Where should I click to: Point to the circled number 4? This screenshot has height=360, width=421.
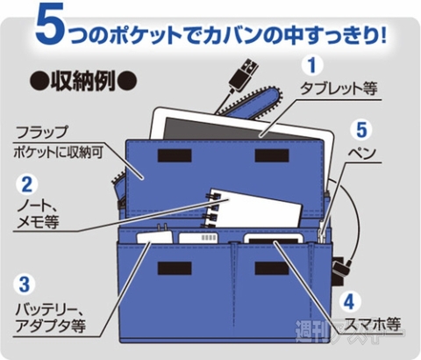coord(349,300)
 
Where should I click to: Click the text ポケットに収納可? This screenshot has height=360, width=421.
coord(57,153)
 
